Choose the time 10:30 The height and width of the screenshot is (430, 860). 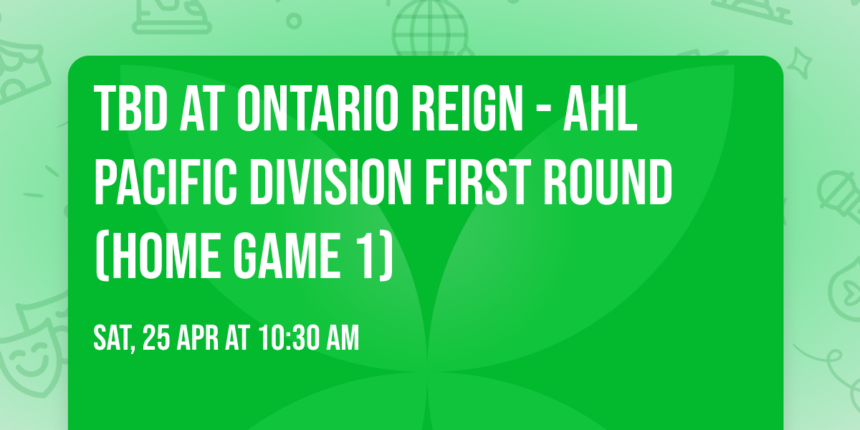(x=290, y=338)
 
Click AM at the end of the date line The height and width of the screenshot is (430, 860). (x=342, y=338)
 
